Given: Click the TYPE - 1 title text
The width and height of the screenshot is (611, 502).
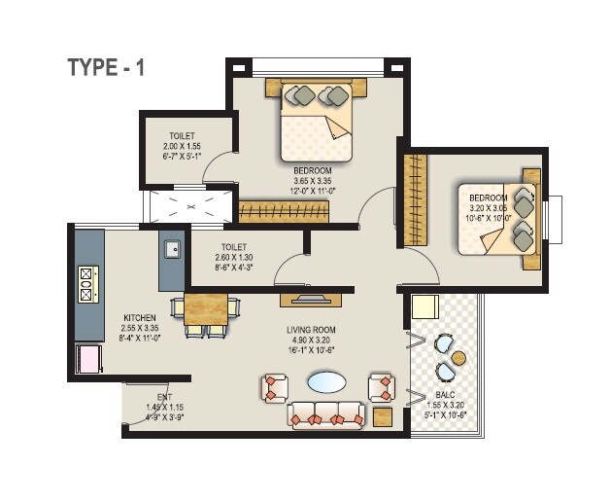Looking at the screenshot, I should (x=106, y=67).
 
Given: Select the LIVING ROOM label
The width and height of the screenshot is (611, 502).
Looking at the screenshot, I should (x=311, y=331).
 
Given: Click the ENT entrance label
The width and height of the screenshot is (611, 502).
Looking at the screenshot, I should (x=164, y=397).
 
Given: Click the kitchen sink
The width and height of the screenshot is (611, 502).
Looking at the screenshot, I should (x=172, y=249).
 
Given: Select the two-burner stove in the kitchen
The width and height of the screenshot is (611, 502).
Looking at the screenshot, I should (x=85, y=284).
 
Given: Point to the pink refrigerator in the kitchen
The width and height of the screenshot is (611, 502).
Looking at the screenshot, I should (x=88, y=358).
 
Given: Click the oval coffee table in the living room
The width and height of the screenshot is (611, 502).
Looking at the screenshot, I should (x=325, y=382).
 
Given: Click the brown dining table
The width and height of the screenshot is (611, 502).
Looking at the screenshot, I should (x=205, y=308).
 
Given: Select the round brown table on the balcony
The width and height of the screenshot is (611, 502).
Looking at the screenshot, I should (x=458, y=358).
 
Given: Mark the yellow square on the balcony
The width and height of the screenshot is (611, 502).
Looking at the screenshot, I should (x=424, y=307).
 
